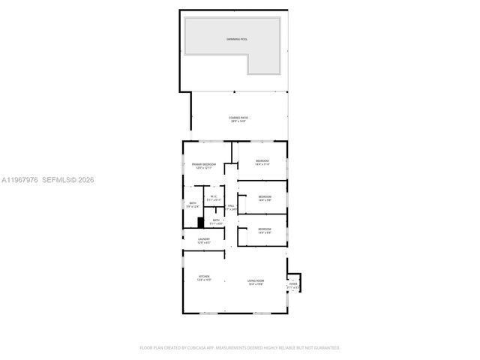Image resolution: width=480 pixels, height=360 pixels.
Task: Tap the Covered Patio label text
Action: pos(238,118)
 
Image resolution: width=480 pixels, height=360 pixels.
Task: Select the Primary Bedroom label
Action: pos(204,164)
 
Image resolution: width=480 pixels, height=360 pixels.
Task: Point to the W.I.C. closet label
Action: pos(214,196)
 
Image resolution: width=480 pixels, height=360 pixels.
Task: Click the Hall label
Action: pos(231,205)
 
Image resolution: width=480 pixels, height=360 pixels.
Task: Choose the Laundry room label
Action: pos(204,239)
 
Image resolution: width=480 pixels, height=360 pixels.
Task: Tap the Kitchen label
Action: pos(204,277)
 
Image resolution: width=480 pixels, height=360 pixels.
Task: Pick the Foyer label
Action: pos(293,284)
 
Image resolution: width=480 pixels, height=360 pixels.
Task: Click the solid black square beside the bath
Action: pos(201,221)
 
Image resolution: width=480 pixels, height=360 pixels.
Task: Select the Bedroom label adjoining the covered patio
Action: pos(262,161)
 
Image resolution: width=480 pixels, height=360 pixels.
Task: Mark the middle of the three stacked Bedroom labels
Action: pos(264,196)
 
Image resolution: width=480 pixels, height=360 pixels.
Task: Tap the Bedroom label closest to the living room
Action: pos(264,229)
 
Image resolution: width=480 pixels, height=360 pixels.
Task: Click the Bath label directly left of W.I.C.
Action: pos(193,202)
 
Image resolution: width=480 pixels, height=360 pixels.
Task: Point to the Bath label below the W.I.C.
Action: pos(216,220)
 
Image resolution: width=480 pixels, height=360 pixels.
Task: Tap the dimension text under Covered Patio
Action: pos(238,121)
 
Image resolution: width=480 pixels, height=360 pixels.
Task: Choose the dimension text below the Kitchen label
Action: pos(204,280)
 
